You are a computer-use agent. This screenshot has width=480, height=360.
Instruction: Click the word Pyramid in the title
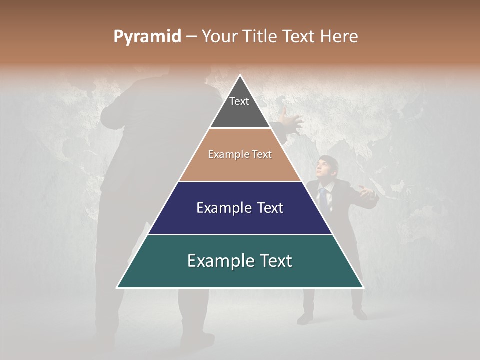click(x=147, y=37)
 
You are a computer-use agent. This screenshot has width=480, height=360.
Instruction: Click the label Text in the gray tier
click(x=239, y=101)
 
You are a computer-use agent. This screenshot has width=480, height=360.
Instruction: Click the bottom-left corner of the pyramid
click(x=117, y=287)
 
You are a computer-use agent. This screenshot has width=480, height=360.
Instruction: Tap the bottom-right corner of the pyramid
click(x=363, y=287)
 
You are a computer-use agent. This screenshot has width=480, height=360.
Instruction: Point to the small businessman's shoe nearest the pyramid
click(x=305, y=319)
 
